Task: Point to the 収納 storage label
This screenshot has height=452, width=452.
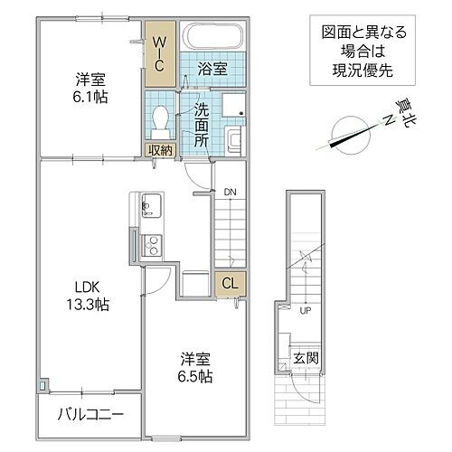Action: click(x=160, y=149)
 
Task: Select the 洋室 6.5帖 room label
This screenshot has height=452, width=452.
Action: click(x=194, y=365)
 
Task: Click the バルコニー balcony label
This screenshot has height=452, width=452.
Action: click(x=79, y=415)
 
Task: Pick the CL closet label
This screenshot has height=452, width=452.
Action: click(x=231, y=282)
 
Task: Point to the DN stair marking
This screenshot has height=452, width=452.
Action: click(x=231, y=192)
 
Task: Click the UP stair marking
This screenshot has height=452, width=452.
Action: click(x=306, y=311)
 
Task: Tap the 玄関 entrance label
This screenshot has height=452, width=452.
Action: click(x=305, y=359)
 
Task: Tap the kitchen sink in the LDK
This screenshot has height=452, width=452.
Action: click(x=150, y=204)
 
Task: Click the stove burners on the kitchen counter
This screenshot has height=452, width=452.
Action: click(x=151, y=243)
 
